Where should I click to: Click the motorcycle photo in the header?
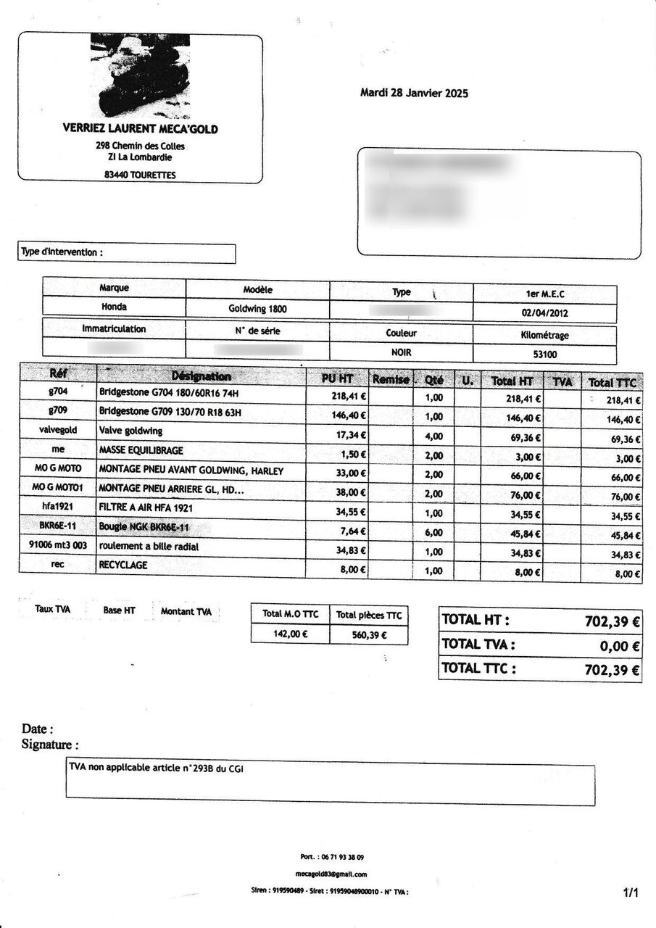click(140, 76)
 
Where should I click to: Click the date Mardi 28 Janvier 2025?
click(414, 93)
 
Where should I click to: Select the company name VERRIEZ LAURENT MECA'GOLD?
click(141, 129)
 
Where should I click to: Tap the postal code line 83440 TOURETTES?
click(140, 175)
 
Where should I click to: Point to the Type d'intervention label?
click(62, 252)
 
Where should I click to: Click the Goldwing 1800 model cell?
click(257, 308)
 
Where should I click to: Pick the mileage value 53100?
click(544, 355)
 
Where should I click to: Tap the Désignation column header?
click(201, 376)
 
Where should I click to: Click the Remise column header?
click(390, 378)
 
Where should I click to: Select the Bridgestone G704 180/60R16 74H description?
click(168, 394)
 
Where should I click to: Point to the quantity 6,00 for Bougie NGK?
click(433, 533)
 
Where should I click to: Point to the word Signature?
click(47, 745)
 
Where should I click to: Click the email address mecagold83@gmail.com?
click(331, 874)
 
